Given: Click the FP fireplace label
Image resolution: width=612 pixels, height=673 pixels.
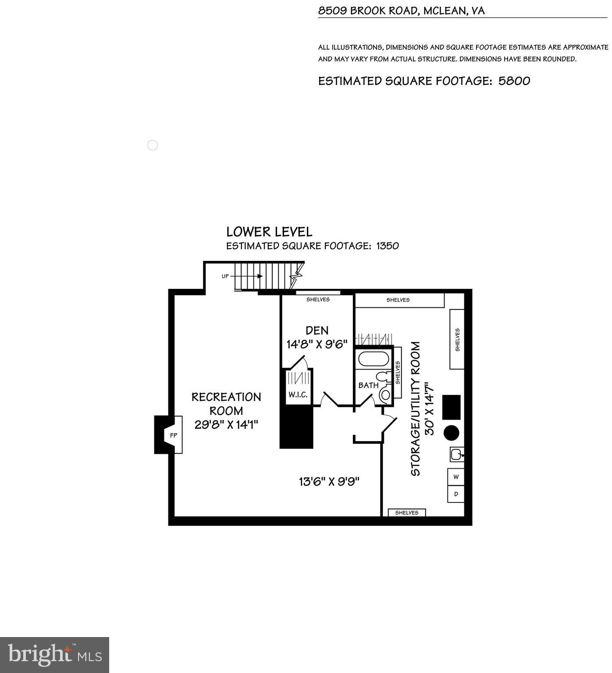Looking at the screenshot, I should point(174,435).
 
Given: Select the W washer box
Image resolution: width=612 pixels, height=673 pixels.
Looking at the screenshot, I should point(456,477).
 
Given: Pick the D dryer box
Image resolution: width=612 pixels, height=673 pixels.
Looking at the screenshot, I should point(456,494).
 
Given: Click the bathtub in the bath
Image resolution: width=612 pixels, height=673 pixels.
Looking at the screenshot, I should point(374,359).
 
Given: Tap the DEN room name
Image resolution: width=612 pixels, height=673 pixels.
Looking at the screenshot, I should point(317,330).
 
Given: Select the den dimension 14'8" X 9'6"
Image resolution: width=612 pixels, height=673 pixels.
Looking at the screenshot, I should point(317,344).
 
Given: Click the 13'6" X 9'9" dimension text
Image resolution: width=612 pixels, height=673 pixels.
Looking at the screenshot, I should point(329,482).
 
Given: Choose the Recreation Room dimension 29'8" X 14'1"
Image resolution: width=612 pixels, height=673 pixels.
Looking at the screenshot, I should point(226,424).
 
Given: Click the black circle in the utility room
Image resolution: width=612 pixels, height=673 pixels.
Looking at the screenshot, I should point(451,433).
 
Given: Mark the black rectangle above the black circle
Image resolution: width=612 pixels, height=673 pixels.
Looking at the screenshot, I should point(451,407).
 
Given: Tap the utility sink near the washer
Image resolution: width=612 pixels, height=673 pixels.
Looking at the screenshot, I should point(456,454).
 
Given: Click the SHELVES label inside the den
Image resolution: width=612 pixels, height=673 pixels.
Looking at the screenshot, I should point(318,299).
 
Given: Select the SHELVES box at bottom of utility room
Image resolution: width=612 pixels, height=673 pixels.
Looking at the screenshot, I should point(406,513).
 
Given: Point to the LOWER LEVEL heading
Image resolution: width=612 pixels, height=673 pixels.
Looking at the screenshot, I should point(269,232).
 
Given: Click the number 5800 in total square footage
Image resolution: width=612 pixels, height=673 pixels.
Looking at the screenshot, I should point(514,81).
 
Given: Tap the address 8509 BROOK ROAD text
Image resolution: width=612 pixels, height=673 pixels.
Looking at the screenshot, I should point(368,11).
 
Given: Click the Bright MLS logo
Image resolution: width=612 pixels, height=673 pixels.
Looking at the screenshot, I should point(54,655).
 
